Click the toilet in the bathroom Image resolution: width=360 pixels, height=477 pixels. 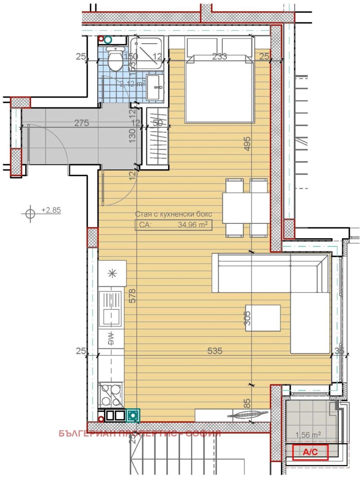pos(115,60)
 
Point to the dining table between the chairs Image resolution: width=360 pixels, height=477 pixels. pos(246,207)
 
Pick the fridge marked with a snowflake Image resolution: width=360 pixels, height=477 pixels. pos(112,273)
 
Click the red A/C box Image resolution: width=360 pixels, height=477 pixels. pos(310,452)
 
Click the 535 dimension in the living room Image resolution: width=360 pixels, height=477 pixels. pos(216,351)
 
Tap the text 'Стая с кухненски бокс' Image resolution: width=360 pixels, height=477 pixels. pos(173,214)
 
